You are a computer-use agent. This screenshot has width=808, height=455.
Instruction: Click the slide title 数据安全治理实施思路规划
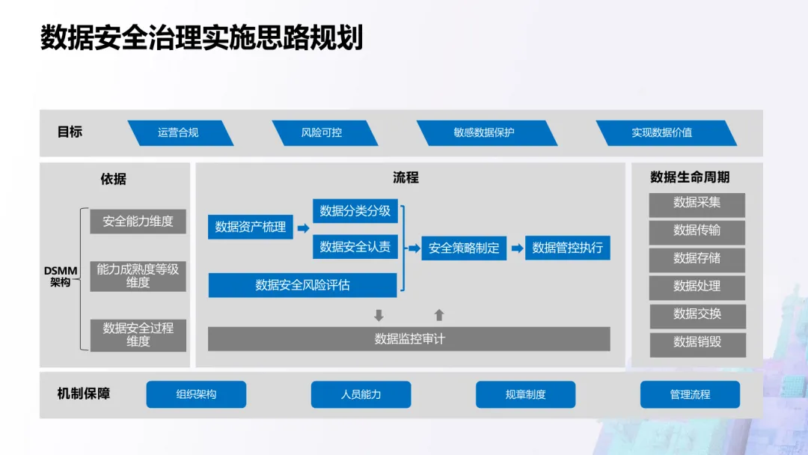201,37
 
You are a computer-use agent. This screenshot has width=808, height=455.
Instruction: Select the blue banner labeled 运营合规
180,132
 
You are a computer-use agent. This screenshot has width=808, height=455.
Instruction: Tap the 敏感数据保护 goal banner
485,132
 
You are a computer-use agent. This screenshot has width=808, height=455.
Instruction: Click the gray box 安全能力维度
138,222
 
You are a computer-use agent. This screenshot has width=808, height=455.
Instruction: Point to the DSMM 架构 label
61,277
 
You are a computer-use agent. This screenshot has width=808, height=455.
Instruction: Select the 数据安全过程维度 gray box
138,335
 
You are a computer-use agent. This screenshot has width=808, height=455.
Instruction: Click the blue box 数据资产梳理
251,227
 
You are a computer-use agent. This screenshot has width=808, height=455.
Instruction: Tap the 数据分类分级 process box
355,211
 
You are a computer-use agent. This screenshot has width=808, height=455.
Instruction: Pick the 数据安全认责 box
355,246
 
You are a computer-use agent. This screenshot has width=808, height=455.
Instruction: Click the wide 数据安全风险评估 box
302,285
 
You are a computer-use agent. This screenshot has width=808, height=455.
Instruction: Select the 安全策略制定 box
464,248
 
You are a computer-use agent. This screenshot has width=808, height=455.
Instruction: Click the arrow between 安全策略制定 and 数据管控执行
517,248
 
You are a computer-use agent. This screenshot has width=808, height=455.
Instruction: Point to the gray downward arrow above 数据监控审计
379,315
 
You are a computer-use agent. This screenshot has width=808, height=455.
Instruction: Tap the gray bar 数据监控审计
409,339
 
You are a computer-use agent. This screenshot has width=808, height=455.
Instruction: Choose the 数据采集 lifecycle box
697,203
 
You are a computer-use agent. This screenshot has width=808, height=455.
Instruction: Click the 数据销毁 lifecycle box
697,342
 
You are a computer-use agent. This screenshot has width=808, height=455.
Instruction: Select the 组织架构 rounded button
196,394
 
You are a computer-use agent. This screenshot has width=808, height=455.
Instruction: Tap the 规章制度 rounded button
525,394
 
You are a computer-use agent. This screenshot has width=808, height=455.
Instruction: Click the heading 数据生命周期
690,177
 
